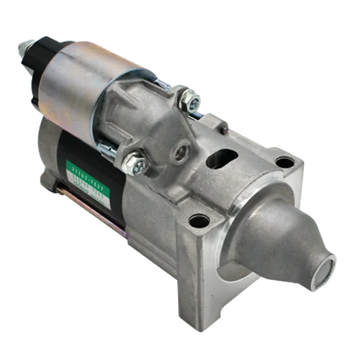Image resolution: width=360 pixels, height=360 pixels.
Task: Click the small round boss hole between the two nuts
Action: [x=181, y=151]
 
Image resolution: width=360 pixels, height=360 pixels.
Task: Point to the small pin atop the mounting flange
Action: [x=225, y=127]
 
